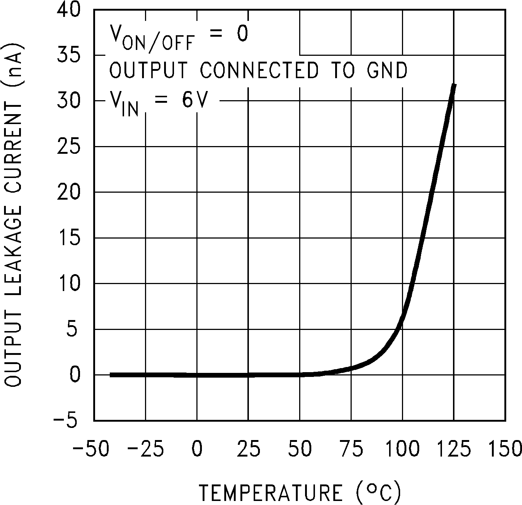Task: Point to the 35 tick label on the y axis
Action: click(x=69, y=55)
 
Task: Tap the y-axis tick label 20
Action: click(x=69, y=192)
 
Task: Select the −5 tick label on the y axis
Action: click(x=66, y=421)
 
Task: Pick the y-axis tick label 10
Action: click(x=69, y=283)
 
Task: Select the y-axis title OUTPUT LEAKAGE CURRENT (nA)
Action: click(x=14, y=215)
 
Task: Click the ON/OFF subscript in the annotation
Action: click(x=158, y=43)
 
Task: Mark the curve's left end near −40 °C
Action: click(x=111, y=375)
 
